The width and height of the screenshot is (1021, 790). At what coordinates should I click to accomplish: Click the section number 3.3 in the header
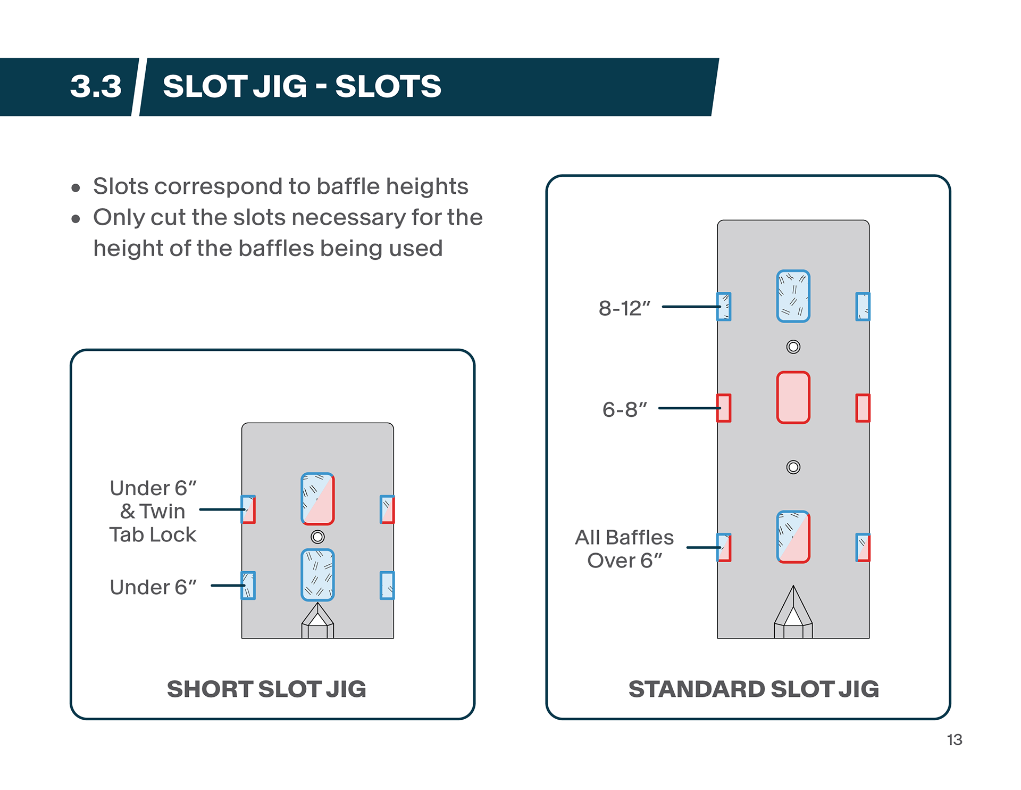point(96,86)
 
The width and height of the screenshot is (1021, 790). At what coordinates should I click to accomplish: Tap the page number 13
point(954,739)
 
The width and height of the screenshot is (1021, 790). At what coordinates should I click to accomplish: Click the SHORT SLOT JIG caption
point(266,689)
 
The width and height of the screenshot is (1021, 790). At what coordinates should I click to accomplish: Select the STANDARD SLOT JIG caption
point(754,689)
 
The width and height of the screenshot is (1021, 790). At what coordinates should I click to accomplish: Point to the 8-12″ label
point(624,308)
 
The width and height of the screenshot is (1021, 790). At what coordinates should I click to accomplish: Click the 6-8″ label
point(624,409)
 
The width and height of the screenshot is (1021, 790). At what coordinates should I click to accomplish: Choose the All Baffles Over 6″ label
point(624,549)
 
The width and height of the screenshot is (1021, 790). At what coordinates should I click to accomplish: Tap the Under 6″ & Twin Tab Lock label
point(153,511)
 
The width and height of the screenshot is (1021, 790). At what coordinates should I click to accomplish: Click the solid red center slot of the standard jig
point(793,398)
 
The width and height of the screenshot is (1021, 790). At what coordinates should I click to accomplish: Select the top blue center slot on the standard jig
point(793,296)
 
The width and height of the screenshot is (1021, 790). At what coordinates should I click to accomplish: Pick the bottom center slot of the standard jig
point(793,537)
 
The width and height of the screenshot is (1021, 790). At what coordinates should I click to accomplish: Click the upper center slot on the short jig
point(317,499)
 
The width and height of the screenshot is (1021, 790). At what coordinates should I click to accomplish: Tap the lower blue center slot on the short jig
point(317,575)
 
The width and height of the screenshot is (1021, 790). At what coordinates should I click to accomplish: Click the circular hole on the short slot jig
point(317,537)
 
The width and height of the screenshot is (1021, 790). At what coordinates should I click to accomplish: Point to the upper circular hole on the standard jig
point(793,347)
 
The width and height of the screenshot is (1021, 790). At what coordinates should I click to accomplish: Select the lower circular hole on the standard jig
point(793,467)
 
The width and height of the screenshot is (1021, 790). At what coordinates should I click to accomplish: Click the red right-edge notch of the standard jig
point(863,408)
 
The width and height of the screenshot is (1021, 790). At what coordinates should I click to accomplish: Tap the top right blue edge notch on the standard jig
point(863,307)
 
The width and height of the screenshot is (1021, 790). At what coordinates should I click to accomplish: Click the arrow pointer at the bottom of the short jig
point(317,621)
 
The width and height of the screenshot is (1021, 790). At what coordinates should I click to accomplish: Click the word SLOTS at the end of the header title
point(388,86)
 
